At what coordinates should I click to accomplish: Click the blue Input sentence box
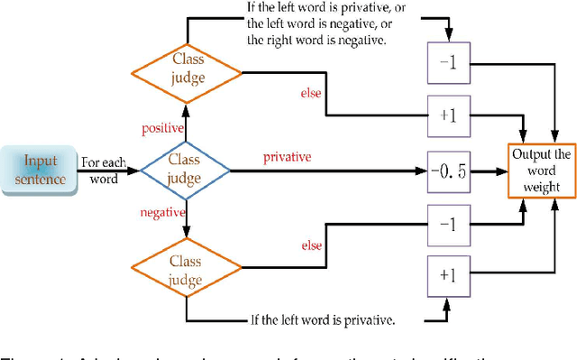pyautogui.click(x=41, y=169)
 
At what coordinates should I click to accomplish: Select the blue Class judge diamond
pyautogui.click(x=186, y=169)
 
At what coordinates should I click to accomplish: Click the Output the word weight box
pyautogui.click(x=541, y=171)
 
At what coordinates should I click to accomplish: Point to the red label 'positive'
pyautogui.click(x=163, y=128)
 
